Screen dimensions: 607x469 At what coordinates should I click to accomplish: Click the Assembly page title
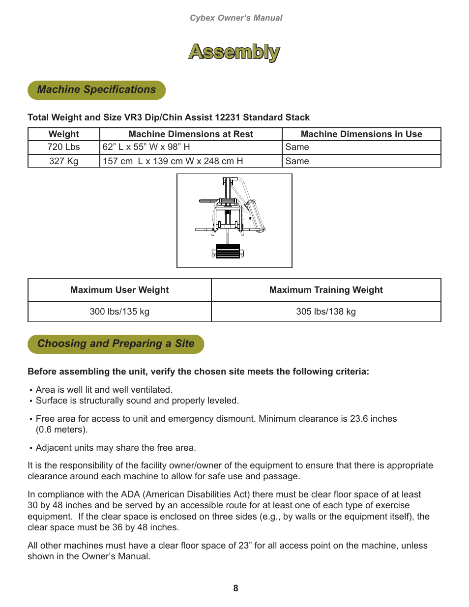point(234,52)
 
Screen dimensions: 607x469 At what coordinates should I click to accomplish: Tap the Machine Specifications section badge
point(96,90)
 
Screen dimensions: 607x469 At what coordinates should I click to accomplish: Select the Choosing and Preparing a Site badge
point(116,344)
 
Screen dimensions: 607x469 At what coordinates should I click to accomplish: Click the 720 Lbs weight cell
point(64,147)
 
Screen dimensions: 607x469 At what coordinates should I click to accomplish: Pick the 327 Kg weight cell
point(64,161)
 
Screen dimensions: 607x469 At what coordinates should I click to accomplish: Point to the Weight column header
point(64,134)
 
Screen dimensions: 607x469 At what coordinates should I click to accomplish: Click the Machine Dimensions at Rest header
point(191,134)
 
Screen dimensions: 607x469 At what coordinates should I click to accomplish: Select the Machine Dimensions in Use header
point(361,134)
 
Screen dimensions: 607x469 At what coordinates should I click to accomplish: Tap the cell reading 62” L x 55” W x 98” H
point(147,147)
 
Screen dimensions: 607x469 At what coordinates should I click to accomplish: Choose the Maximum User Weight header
point(119,290)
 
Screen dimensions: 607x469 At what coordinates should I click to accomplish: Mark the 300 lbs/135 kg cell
point(119,312)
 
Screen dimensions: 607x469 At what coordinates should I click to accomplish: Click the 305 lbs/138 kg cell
point(326,312)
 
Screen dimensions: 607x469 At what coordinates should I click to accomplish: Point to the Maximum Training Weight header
point(326,290)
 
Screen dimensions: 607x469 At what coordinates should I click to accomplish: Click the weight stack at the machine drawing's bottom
point(228,252)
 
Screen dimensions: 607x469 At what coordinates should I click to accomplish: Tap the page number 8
point(235,588)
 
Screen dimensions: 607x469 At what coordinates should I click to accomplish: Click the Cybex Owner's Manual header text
point(236,18)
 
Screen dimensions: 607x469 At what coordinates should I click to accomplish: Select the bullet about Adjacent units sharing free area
point(116,448)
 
